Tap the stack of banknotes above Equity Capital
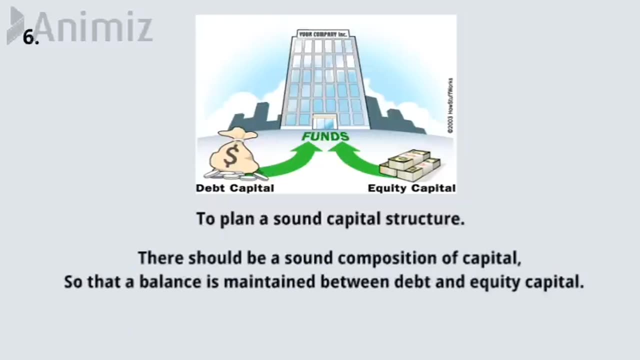click(x=410, y=165)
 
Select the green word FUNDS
click(x=325, y=136)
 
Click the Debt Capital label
click(x=235, y=188)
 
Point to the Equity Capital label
click(x=411, y=188)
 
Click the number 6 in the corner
click(x=30, y=38)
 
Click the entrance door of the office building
click(x=324, y=122)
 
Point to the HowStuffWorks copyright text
click(x=450, y=105)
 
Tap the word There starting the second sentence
click(x=156, y=258)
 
